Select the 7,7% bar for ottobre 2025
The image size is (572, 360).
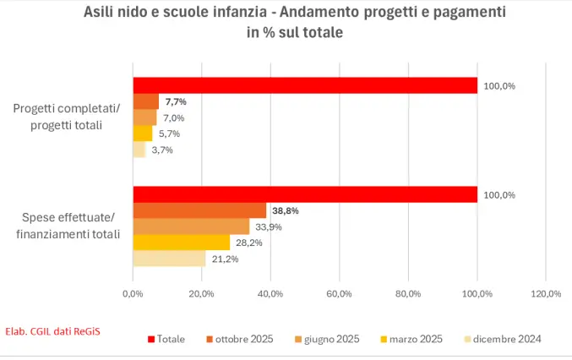[145, 101]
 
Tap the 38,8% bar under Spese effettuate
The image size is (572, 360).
[199, 210]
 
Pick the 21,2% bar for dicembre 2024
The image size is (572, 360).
[169, 259]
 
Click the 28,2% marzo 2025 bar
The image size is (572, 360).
[181, 243]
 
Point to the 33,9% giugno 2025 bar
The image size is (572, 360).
[191, 226]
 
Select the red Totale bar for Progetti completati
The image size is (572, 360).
[304, 85]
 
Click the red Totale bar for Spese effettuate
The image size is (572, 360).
[304, 194]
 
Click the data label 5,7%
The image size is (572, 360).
[168, 134]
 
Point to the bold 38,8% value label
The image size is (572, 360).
[286, 210]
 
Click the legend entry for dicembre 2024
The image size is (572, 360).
[503, 339]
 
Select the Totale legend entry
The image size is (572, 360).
[166, 339]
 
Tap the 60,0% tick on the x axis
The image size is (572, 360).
[339, 294]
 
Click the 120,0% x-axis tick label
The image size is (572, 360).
[546, 294]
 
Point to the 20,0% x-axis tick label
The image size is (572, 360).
[201, 294]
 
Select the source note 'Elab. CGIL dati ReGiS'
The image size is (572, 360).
[52, 330]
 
